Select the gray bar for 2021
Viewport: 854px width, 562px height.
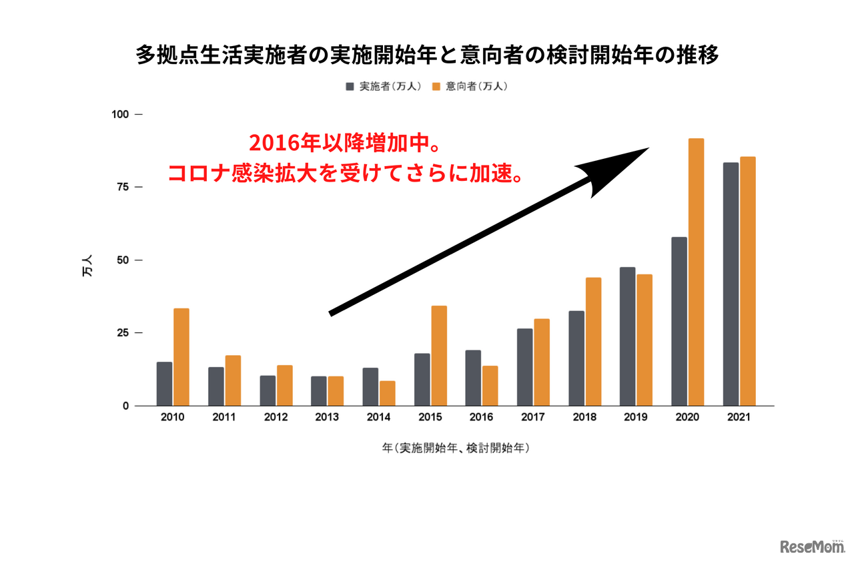click(x=731, y=284)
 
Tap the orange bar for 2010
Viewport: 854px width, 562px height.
click(x=181, y=357)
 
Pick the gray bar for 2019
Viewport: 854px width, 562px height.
click(x=627, y=336)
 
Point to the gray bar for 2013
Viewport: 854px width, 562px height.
click(x=319, y=391)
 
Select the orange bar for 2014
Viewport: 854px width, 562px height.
click(x=388, y=393)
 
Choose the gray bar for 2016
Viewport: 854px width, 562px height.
click(x=473, y=378)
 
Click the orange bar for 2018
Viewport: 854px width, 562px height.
click(x=593, y=342)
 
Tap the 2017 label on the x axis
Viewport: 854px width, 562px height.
click(x=532, y=417)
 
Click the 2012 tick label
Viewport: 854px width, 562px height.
click(x=276, y=417)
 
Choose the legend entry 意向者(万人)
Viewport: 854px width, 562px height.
click(x=470, y=87)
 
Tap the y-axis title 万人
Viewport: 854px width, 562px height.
click(x=87, y=267)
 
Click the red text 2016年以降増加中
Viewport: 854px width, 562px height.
click(x=343, y=143)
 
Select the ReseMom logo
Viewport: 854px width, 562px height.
click(x=812, y=546)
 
